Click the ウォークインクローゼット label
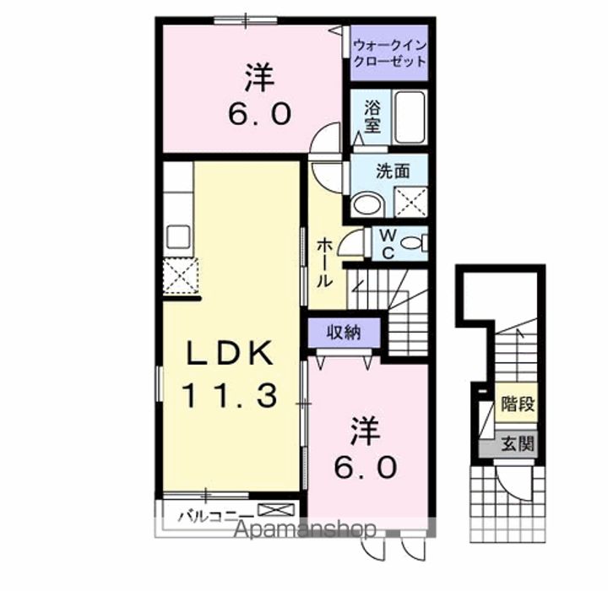390,53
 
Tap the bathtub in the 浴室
410,117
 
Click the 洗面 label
394,171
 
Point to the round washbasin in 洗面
368,205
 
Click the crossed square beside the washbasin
411,202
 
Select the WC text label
388,244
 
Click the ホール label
324,263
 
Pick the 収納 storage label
344,333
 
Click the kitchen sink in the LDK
178,236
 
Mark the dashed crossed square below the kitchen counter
181,276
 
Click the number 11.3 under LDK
230,395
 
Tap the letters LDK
230,353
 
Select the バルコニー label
216,516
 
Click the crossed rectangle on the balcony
276,510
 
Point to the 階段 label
518,404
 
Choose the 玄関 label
518,443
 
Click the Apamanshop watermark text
305,529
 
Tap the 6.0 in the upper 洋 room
259,114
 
